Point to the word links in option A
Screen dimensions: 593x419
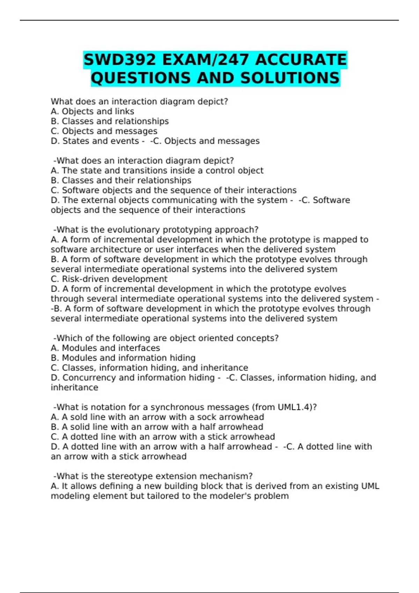(x=124, y=111)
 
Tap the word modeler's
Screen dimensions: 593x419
(x=230, y=496)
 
